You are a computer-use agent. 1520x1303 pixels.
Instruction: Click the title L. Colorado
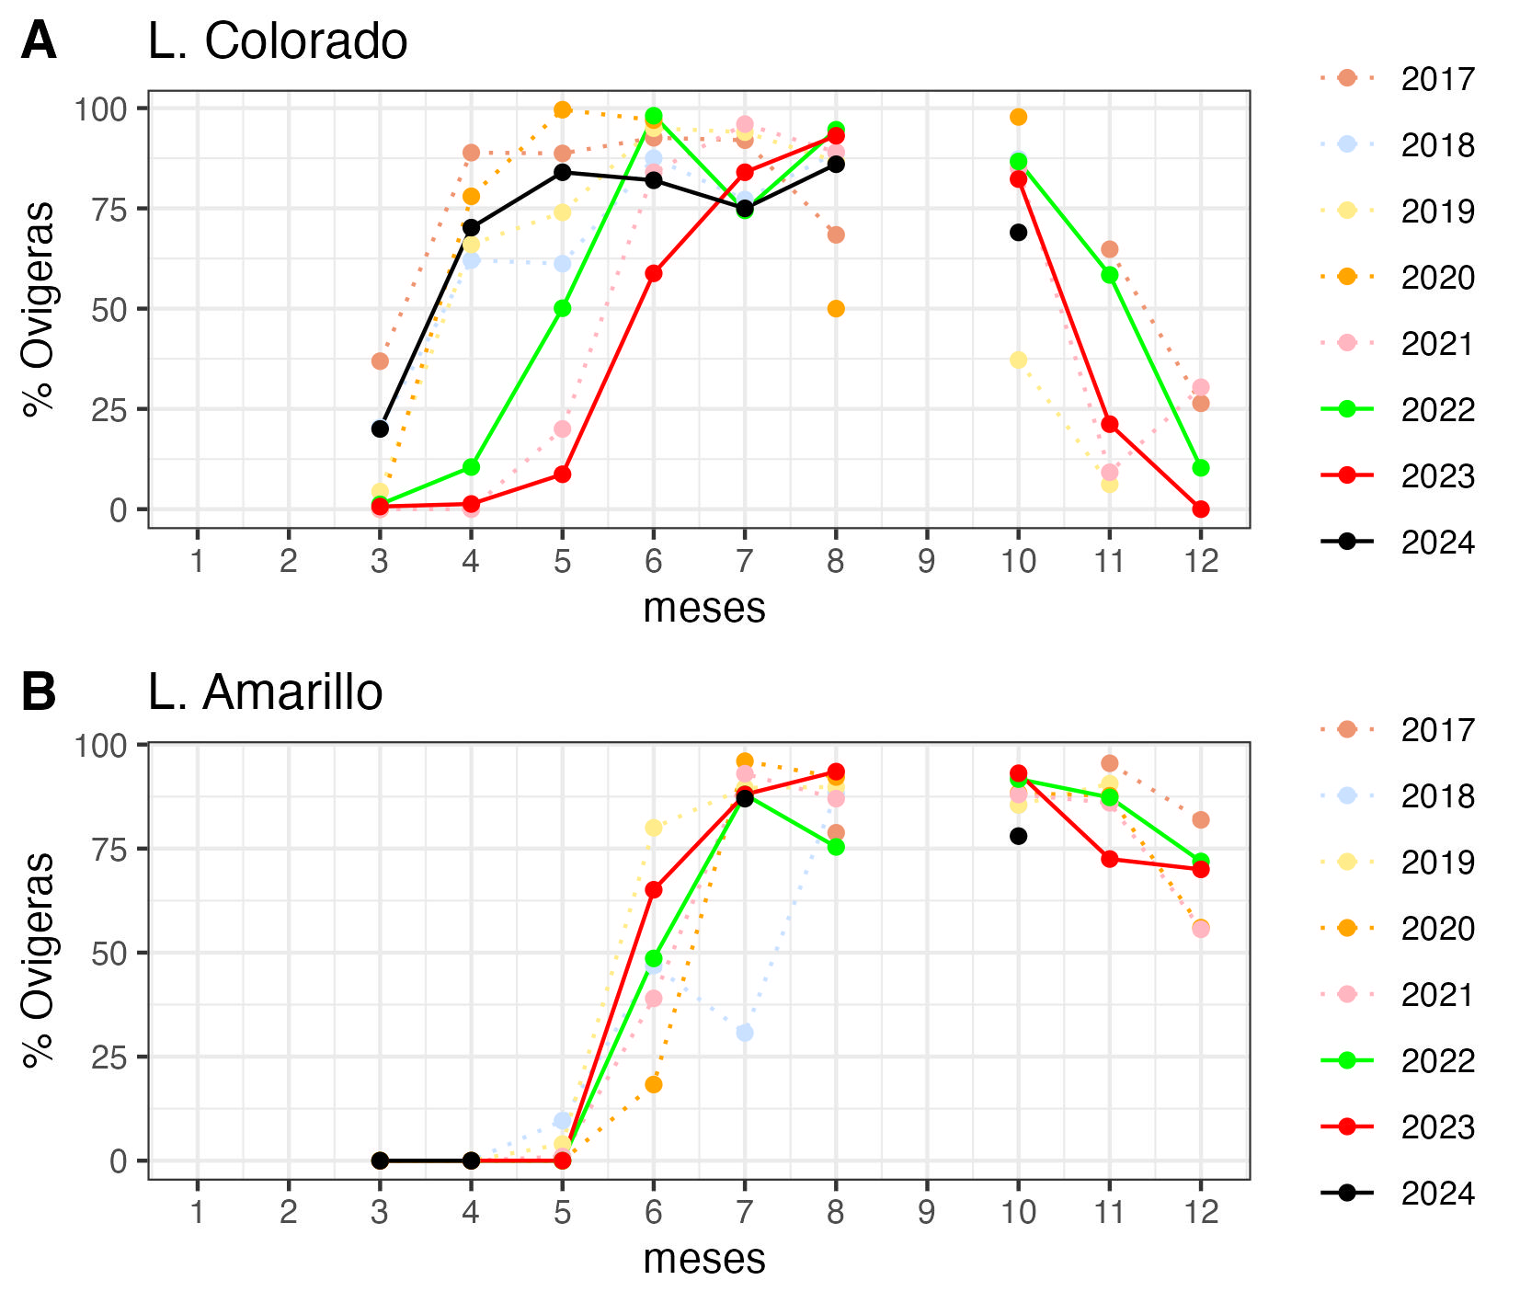tap(277, 41)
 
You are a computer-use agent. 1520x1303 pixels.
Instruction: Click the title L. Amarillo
tap(265, 692)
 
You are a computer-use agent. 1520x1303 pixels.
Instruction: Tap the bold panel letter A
tap(39, 41)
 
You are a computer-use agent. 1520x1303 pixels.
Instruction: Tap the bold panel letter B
tap(39, 692)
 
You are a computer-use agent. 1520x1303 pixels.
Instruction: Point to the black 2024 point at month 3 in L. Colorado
tap(380, 429)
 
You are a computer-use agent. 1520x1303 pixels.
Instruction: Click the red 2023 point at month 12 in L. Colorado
tap(1200, 509)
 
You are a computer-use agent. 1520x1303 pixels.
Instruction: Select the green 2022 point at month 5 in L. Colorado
tap(562, 308)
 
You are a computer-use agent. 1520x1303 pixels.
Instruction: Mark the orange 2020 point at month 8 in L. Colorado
tap(835, 309)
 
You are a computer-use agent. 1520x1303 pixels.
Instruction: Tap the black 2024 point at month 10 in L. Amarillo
tap(1018, 836)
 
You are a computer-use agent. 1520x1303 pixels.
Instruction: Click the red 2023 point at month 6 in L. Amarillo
tap(653, 889)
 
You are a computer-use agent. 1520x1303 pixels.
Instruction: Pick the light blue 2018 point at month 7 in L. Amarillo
tap(744, 1033)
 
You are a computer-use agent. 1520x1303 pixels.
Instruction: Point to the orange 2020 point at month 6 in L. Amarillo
tap(653, 1084)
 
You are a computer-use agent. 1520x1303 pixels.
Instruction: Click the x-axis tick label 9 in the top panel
tap(926, 561)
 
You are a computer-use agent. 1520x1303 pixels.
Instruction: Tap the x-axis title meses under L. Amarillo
tap(703, 1259)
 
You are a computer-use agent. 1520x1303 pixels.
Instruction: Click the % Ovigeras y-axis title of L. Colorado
tap(39, 309)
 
